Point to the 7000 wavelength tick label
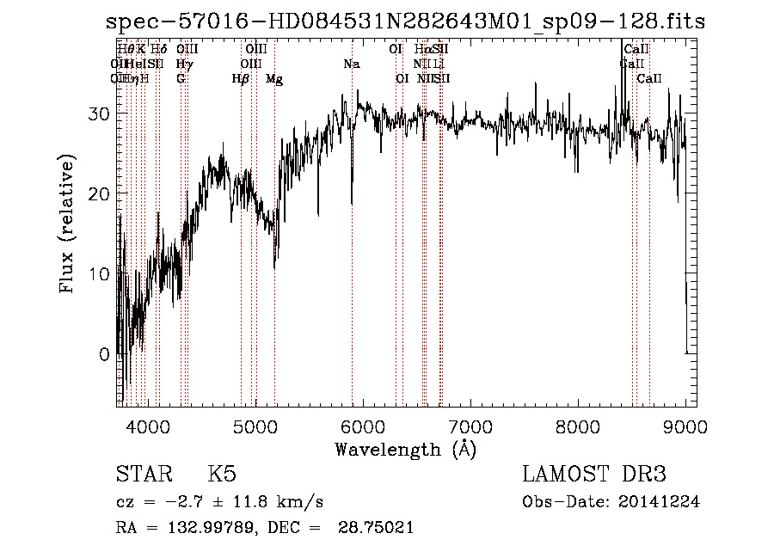[470, 426]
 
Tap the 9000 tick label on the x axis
[685, 426]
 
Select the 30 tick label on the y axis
[99, 113]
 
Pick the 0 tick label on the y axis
[104, 354]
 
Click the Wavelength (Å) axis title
[405, 449]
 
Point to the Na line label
[351, 64]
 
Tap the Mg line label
[274, 79]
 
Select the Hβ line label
[241, 79]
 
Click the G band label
[181, 79]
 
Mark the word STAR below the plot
[143, 475]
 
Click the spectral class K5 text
[222, 475]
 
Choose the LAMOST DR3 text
[594, 475]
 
